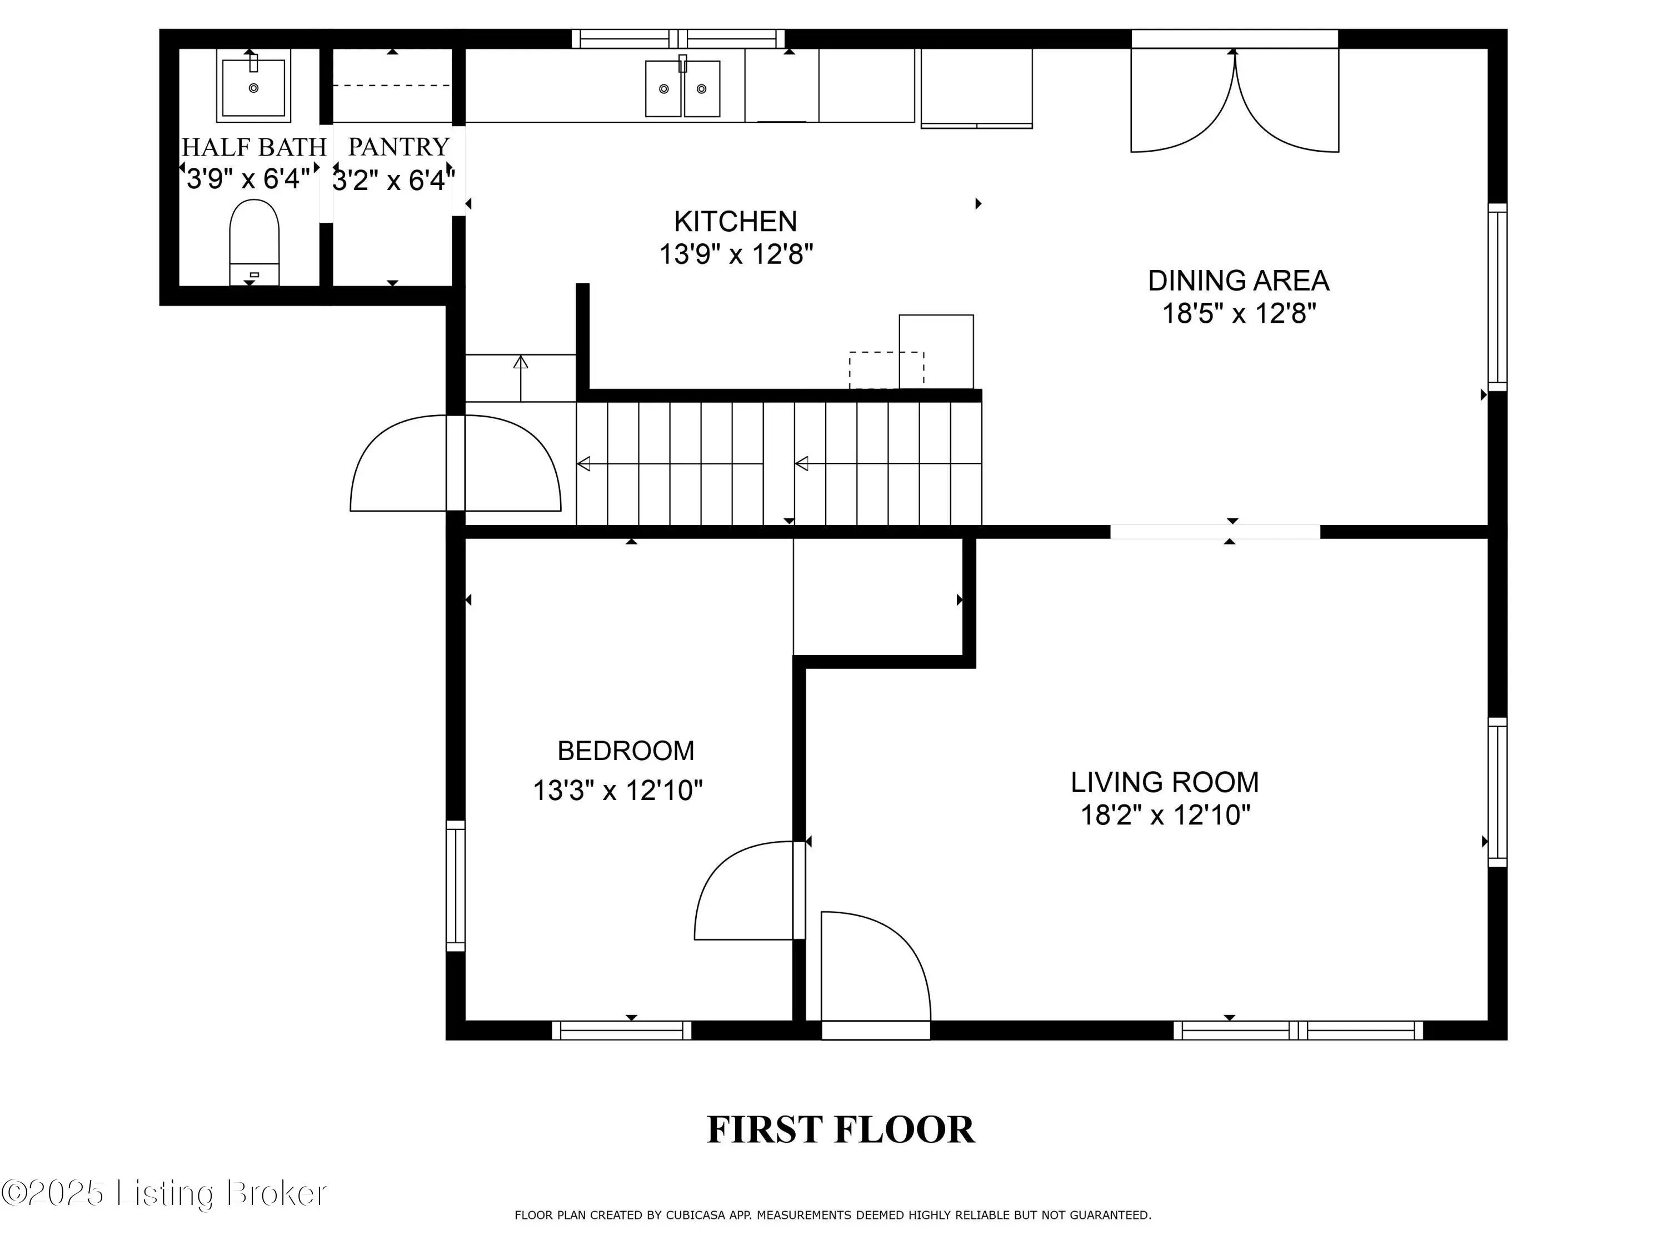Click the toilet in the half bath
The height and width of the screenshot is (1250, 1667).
pyautogui.click(x=254, y=243)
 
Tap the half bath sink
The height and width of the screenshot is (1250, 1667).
pyautogui.click(x=253, y=86)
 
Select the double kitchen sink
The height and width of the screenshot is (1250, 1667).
pyautogui.click(x=682, y=89)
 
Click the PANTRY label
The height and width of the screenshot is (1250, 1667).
pyautogui.click(x=398, y=146)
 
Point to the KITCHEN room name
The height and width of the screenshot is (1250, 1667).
pyautogui.click(x=736, y=222)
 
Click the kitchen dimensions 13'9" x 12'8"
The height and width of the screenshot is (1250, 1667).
pyautogui.click(x=736, y=254)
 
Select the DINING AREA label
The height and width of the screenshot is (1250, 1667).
pyautogui.click(x=1238, y=281)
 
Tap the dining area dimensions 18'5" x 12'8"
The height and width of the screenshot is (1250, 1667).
pyautogui.click(x=1239, y=313)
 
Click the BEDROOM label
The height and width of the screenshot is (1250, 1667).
pyautogui.click(x=626, y=751)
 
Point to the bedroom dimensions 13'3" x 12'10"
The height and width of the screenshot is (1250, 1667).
pyautogui.click(x=618, y=791)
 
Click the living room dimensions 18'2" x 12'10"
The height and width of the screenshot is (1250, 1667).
pyautogui.click(x=1166, y=814)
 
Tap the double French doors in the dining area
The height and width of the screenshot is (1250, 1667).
pyautogui.click(x=1235, y=101)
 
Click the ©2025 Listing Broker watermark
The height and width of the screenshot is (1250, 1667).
pyautogui.click(x=163, y=1193)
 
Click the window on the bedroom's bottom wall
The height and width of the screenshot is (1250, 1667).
pyautogui.click(x=622, y=1030)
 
